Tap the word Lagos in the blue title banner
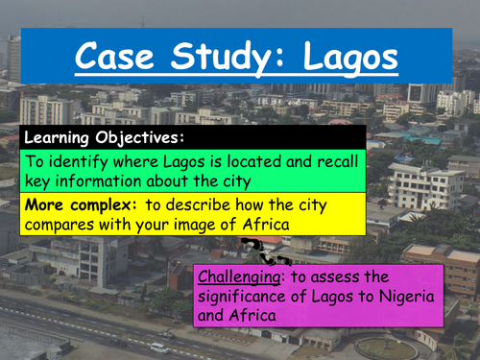[348, 58]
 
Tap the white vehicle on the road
[158, 347]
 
